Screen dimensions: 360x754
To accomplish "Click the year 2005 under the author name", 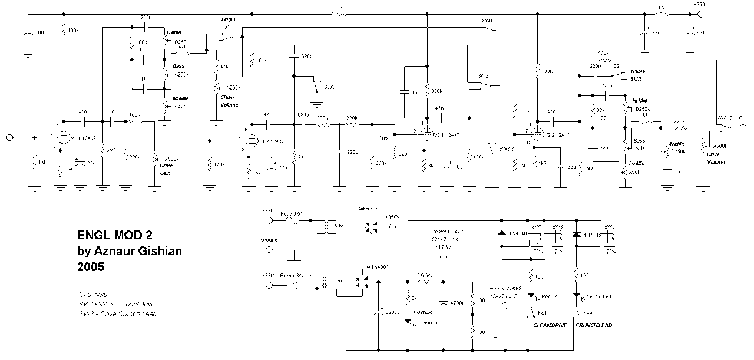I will [x=91, y=266].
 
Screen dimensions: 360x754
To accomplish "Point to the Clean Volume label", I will [x=229, y=101].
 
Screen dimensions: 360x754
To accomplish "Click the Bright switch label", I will [x=228, y=19].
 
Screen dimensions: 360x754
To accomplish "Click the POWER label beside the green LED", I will [x=422, y=312].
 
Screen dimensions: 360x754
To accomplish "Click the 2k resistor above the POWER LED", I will [x=408, y=298].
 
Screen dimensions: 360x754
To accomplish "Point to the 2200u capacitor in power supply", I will [x=378, y=312].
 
